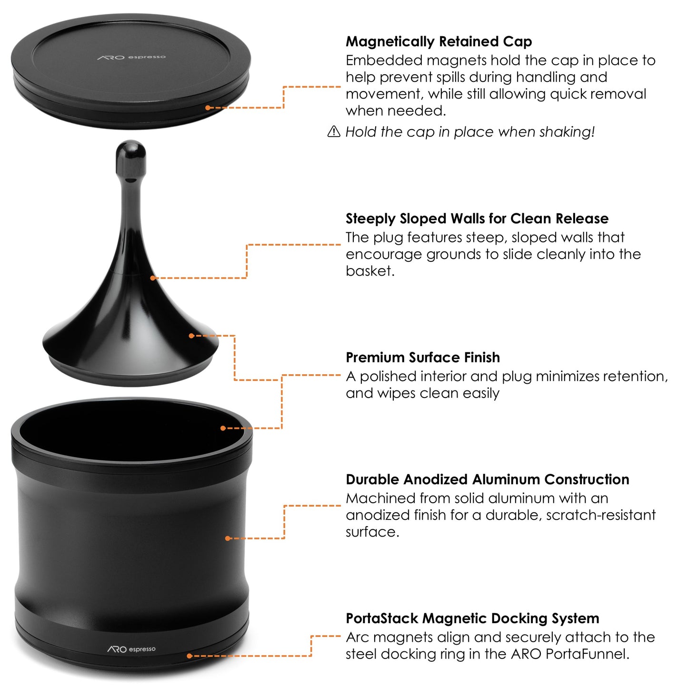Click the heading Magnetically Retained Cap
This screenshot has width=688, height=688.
point(439,42)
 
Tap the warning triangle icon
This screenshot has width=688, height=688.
point(334,131)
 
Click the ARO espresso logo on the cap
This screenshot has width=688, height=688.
point(131,57)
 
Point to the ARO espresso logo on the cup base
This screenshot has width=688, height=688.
point(131,649)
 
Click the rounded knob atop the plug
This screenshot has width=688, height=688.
point(131,157)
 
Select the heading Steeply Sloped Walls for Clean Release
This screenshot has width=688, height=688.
point(477,219)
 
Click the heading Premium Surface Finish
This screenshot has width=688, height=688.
point(422,358)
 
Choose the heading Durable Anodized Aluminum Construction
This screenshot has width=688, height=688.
point(487,479)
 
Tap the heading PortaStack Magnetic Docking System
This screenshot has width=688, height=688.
point(472,618)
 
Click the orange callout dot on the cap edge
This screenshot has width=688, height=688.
point(208,108)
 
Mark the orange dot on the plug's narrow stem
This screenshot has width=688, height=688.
point(153,278)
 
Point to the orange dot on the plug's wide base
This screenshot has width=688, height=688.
point(191,336)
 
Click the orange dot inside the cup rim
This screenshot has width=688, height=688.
point(223,428)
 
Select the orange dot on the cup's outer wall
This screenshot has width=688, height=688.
point(228,538)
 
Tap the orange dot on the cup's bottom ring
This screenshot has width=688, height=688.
point(189,656)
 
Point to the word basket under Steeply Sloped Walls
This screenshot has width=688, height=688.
point(369,271)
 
